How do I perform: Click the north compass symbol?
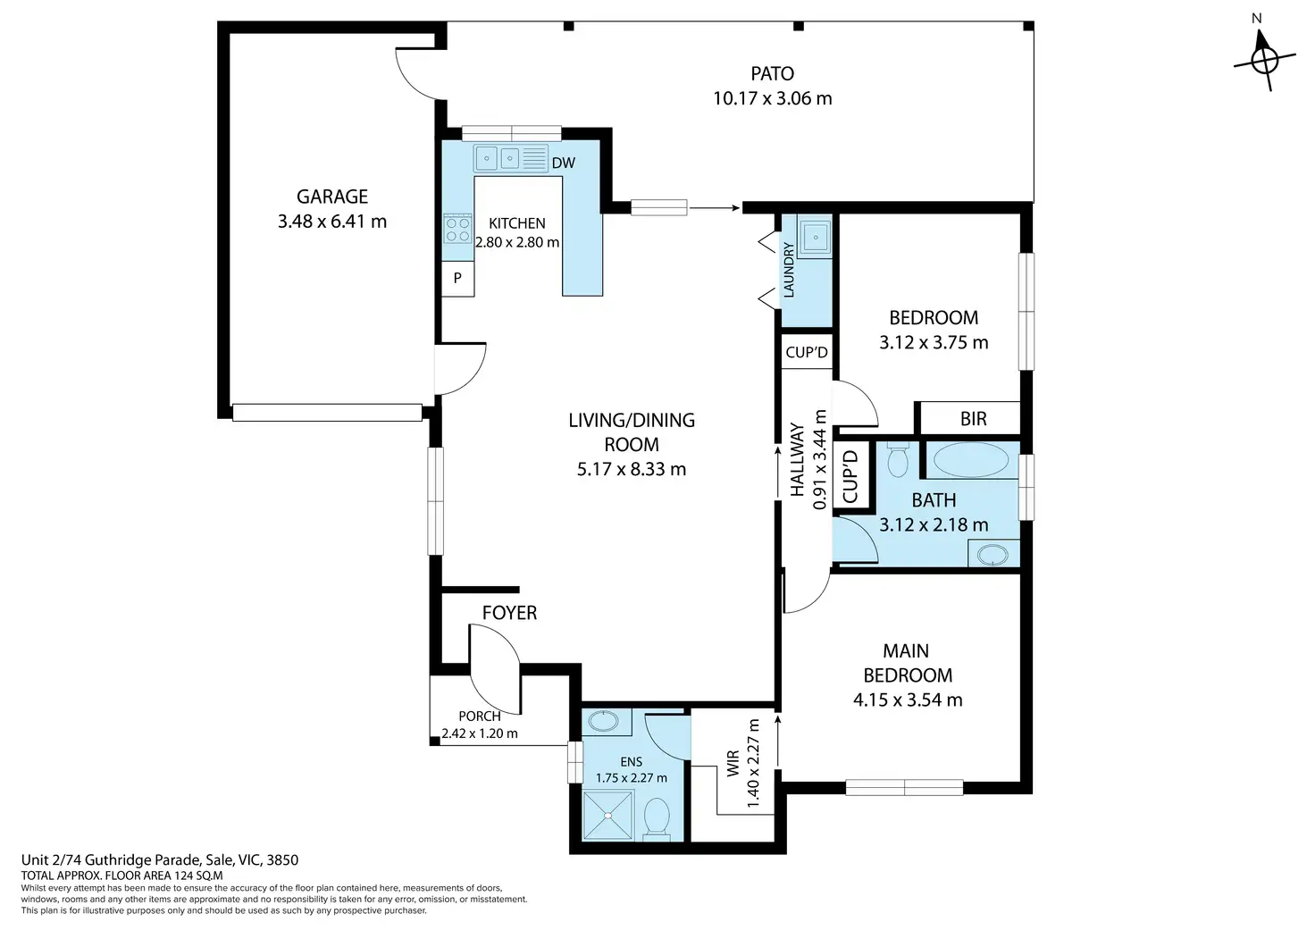pyautogui.click(x=1264, y=59)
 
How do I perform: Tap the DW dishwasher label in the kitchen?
pyautogui.click(x=563, y=163)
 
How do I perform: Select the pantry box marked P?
pyautogui.click(x=458, y=279)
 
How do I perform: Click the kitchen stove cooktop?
pyautogui.click(x=458, y=229)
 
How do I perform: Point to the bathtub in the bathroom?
pyautogui.click(x=971, y=460)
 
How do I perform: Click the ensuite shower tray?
pyautogui.click(x=608, y=816)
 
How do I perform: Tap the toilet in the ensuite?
pyautogui.click(x=657, y=817)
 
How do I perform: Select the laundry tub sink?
pyautogui.click(x=815, y=238)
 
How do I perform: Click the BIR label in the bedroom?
pyautogui.click(x=973, y=419)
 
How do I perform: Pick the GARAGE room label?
pyautogui.click(x=331, y=197)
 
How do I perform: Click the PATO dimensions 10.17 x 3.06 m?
pyautogui.click(x=772, y=98)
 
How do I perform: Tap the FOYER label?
pyautogui.click(x=509, y=612)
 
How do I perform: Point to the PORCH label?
pyautogui.click(x=480, y=716)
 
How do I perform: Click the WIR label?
pyautogui.click(x=733, y=763)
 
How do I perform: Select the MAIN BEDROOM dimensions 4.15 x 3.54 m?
pyautogui.click(x=908, y=700)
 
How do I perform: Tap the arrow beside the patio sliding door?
pyautogui.click(x=715, y=207)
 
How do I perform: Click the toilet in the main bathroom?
pyautogui.click(x=898, y=460)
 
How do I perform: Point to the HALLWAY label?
pyautogui.click(x=797, y=459)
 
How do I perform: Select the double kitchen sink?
pyautogui.click(x=498, y=158)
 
